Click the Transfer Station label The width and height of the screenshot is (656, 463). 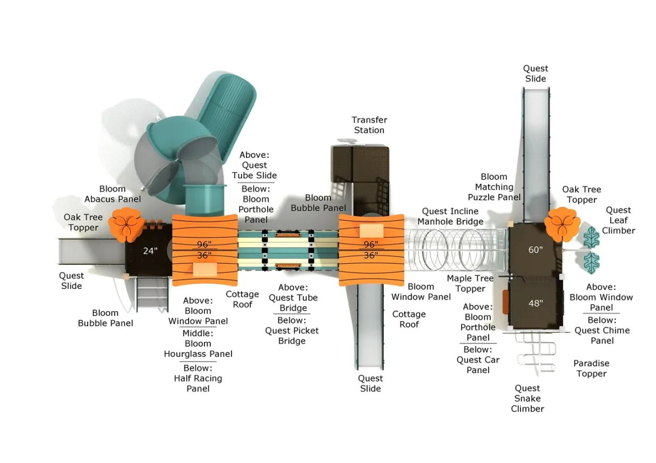369,125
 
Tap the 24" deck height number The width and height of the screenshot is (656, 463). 150,251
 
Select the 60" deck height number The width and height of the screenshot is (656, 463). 535,250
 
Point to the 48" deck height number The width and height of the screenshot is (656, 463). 535,303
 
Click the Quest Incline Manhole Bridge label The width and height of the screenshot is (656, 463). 450,217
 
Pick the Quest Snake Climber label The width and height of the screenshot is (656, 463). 527,398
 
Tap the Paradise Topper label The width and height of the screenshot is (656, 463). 591,368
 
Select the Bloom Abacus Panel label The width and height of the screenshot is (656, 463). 113,194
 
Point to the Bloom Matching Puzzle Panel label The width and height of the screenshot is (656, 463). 494,187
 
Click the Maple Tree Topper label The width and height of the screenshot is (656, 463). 470,284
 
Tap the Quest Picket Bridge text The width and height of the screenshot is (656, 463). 292,336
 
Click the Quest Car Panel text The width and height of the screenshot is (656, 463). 478,365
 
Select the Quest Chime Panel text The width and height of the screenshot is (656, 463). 602,335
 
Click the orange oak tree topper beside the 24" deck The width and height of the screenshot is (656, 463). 126,224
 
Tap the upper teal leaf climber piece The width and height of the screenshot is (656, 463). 591,237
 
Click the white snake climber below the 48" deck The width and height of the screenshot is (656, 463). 535,351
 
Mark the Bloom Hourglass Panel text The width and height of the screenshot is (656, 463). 198,349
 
